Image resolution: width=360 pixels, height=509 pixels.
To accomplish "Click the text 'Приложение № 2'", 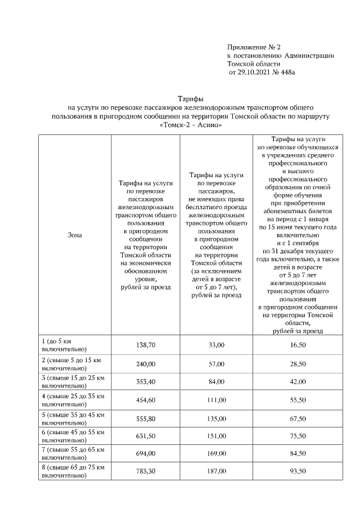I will [x=253, y=46].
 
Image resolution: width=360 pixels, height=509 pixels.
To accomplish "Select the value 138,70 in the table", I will [x=146, y=344].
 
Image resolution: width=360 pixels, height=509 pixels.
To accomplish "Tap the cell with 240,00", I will [x=146, y=364].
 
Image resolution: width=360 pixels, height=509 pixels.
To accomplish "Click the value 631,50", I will [x=146, y=436].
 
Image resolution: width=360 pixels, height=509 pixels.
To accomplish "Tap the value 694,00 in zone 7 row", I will [x=146, y=453].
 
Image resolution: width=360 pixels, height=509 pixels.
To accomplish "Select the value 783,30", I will [x=146, y=471].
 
